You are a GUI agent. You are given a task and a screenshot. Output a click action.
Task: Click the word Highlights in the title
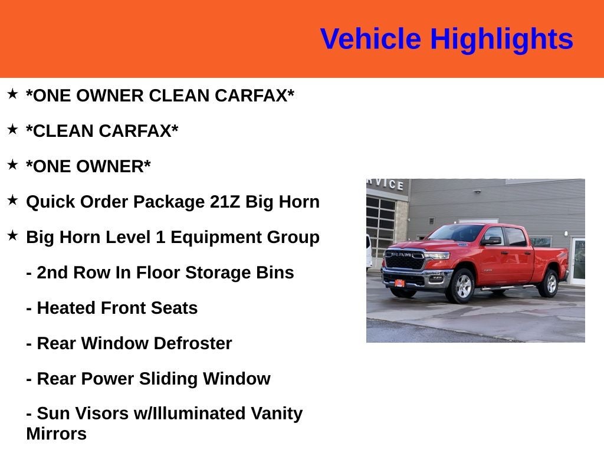(x=501, y=40)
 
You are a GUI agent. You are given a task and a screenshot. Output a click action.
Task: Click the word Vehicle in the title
(x=370, y=40)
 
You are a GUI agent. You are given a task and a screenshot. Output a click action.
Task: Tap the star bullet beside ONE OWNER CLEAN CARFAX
(x=13, y=94)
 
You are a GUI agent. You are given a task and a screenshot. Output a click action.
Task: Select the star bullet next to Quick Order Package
(x=13, y=200)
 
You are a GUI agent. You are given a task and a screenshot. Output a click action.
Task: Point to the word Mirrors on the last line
(x=56, y=434)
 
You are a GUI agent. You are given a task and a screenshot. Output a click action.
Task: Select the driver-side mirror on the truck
(x=491, y=241)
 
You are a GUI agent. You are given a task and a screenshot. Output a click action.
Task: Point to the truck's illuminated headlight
(x=438, y=255)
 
